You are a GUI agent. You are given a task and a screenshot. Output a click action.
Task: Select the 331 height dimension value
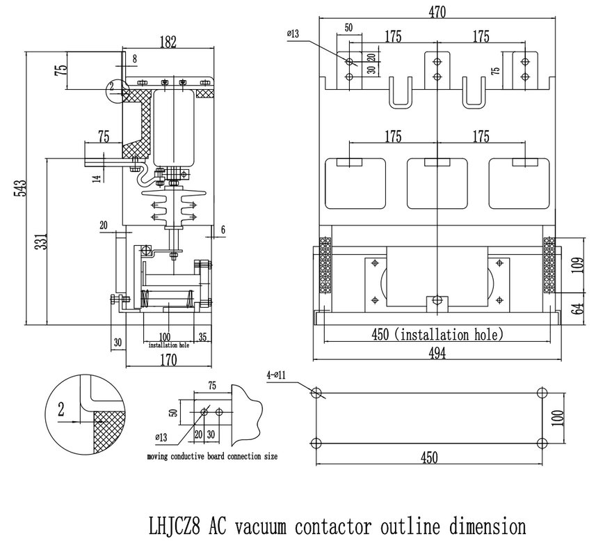click(40, 241)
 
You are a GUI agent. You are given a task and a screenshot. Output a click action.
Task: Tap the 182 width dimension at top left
click(167, 42)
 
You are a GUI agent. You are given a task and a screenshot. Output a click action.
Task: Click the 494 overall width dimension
click(436, 353)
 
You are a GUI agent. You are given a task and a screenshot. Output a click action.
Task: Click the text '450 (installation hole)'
click(436, 334)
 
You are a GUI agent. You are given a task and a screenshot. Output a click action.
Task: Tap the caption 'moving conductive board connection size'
click(212, 457)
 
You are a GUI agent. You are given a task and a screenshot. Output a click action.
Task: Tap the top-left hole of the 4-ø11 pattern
click(316, 392)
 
